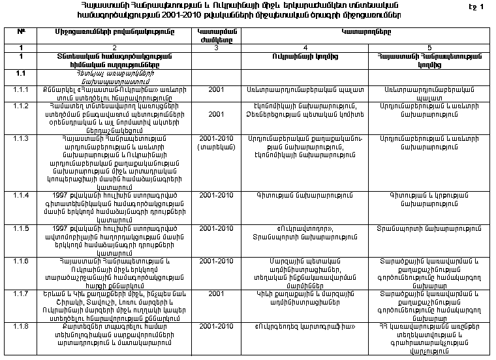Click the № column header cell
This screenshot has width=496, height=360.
tap(21, 32)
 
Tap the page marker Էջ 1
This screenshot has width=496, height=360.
tap(478, 7)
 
